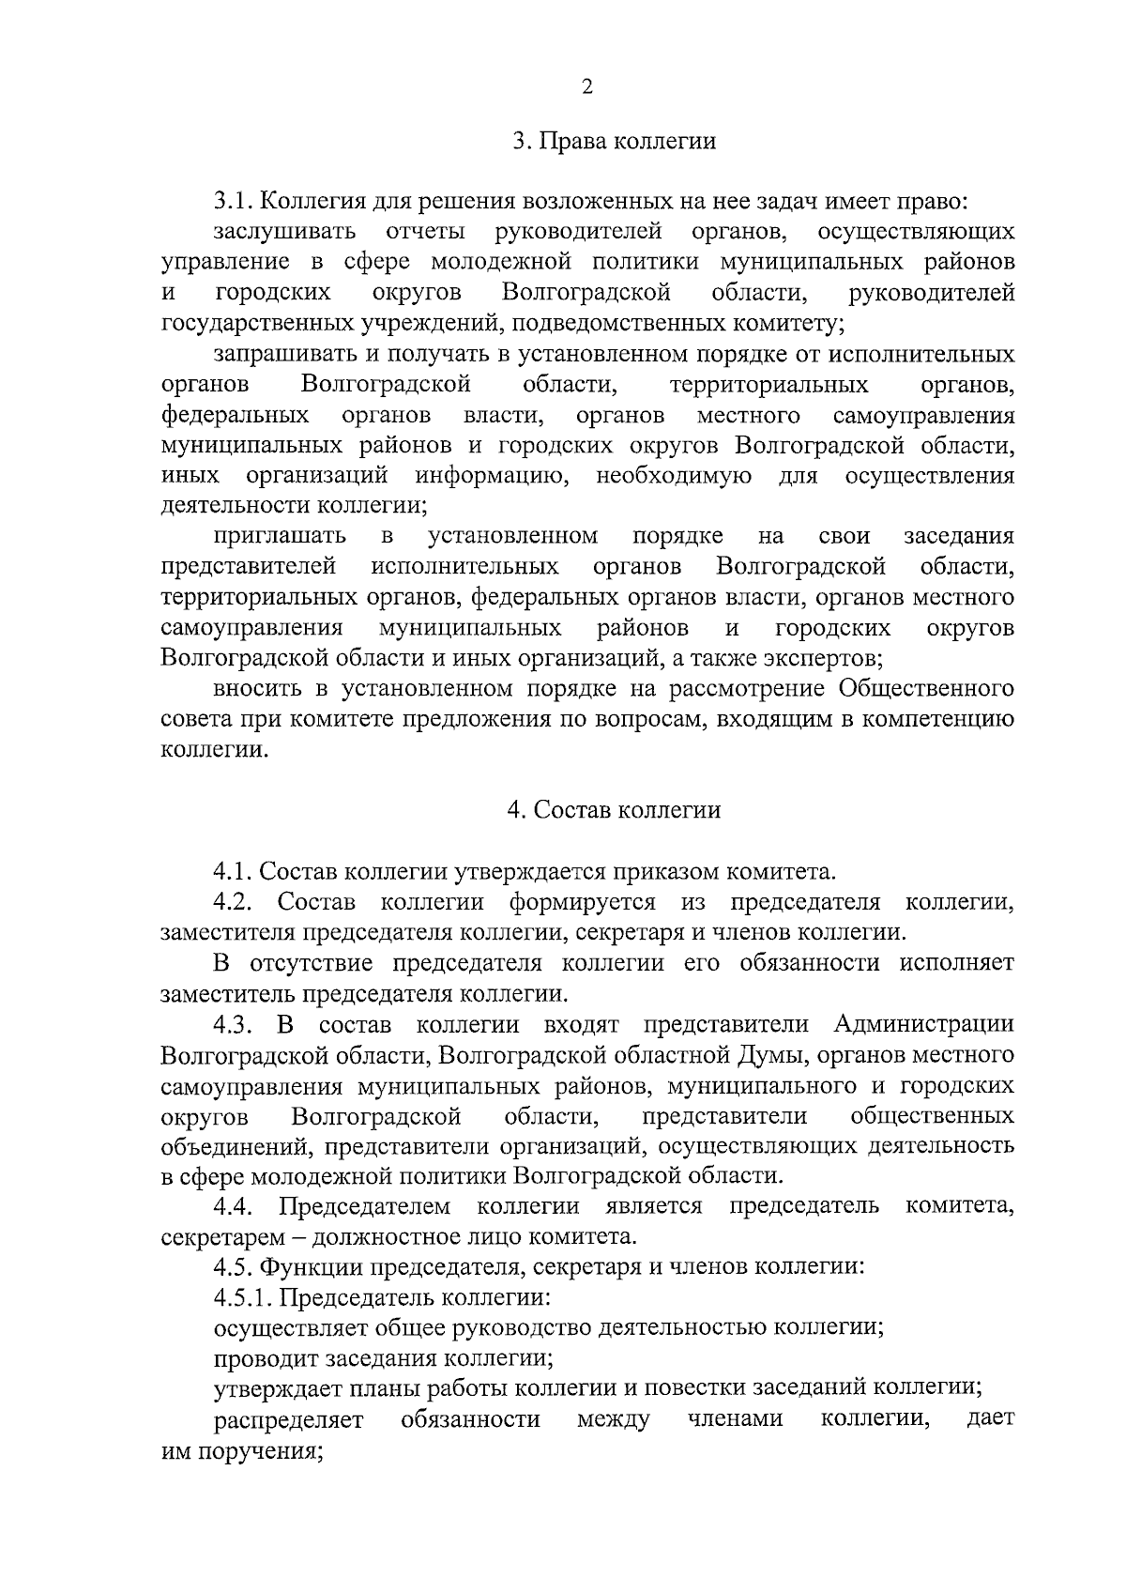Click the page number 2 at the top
tap(587, 87)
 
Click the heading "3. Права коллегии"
tap(614, 142)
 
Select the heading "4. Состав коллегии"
tap(614, 810)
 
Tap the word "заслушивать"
tap(285, 232)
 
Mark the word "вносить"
tap(257, 689)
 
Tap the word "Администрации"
tap(923, 1024)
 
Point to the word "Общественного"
tap(926, 689)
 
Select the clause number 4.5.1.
tap(244, 1298)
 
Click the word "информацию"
tap(494, 476)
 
